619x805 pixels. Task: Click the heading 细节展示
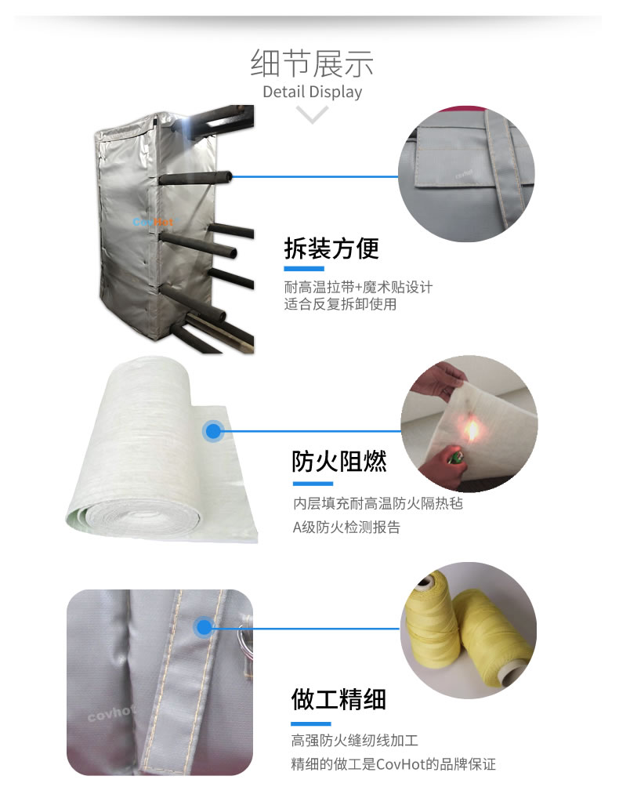click(312, 63)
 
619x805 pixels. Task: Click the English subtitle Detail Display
click(312, 92)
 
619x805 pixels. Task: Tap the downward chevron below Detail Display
click(312, 114)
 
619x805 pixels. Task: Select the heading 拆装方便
click(331, 248)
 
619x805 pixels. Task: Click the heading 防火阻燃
click(338, 461)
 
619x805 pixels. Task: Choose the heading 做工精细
click(338, 699)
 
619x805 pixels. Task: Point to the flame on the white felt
click(471, 430)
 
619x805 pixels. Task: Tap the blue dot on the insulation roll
click(213, 431)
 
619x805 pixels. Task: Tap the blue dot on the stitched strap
click(204, 627)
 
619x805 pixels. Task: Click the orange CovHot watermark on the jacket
click(153, 222)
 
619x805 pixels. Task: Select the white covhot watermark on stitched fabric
click(110, 712)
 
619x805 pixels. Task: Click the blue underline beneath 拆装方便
click(304, 269)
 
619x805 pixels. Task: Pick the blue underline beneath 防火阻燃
click(313, 484)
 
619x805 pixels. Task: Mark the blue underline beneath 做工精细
click(311, 724)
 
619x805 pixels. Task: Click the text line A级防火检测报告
click(346, 528)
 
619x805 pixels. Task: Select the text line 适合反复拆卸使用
click(340, 304)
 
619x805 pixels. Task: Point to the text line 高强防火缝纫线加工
click(355, 740)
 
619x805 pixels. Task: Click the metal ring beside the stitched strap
click(245, 640)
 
